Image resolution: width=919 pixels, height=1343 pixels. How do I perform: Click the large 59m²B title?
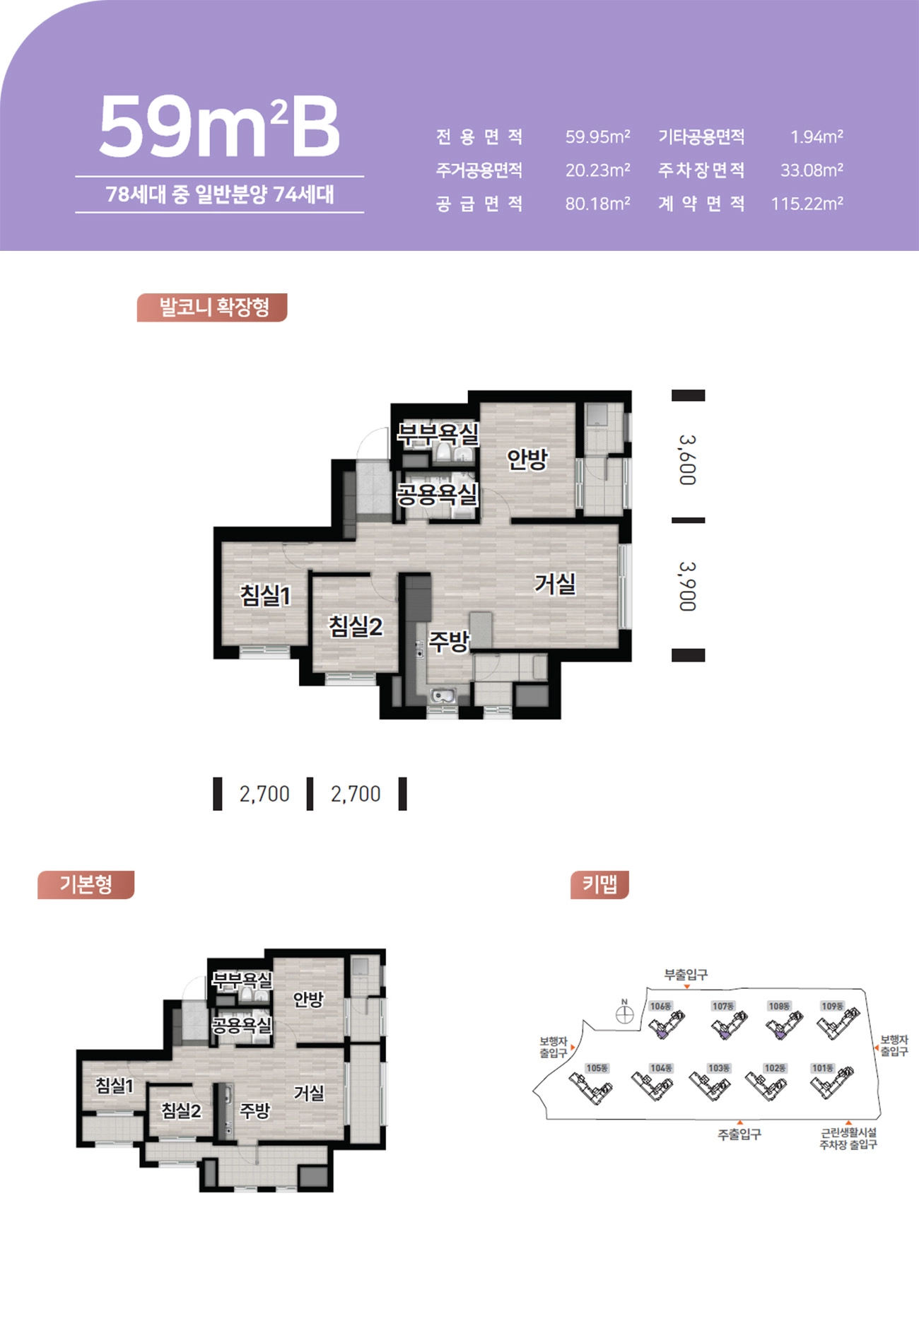click(219, 127)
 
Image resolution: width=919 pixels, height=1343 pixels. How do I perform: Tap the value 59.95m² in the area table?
click(597, 136)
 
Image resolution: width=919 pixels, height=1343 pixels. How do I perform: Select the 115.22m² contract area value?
click(807, 204)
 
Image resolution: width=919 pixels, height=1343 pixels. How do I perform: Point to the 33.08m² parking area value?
click(812, 170)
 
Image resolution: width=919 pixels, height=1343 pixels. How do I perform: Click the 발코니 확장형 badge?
click(212, 307)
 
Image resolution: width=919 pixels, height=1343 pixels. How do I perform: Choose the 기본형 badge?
click(86, 884)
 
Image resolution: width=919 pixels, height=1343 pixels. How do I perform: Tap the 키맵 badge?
click(599, 884)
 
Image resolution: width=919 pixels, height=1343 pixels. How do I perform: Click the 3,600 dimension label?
click(688, 459)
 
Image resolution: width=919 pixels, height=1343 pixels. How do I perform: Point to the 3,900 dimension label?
click(688, 586)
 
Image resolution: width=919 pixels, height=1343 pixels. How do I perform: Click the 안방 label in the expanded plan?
click(527, 459)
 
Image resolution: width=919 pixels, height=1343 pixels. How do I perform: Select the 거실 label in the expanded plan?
click(555, 584)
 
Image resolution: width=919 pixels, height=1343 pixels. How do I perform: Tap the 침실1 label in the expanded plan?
click(266, 595)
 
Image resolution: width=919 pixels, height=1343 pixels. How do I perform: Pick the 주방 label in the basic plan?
click(254, 1110)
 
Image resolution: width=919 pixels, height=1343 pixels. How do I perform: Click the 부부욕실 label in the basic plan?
click(242, 980)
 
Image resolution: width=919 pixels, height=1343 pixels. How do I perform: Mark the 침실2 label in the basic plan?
click(182, 1110)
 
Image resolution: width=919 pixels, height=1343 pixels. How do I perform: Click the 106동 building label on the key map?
click(660, 1006)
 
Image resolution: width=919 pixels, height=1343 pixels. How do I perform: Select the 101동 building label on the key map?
click(823, 1068)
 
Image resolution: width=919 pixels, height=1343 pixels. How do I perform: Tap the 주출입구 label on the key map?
click(739, 1134)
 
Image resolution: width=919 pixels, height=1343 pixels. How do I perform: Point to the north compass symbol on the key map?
click(624, 1014)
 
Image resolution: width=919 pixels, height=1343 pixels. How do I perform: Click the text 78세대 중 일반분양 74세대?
click(220, 194)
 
